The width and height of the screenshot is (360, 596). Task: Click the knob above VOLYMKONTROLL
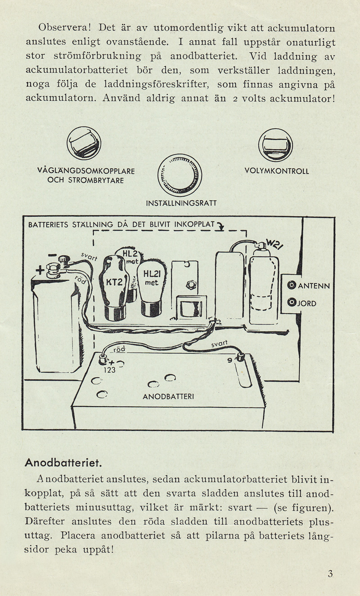(275, 144)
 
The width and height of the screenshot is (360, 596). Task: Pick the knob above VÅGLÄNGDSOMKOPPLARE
(84, 144)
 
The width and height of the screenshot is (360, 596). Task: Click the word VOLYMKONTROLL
(276, 172)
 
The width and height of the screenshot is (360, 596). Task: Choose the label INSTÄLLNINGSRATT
(182, 204)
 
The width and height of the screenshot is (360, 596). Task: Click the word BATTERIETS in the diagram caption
(49, 224)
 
